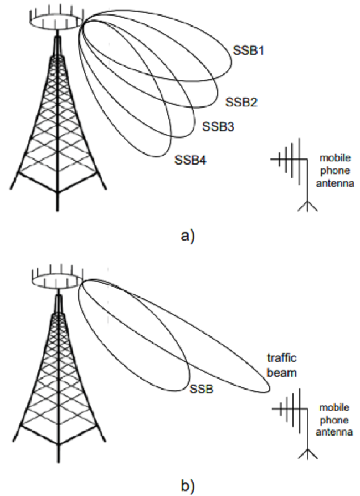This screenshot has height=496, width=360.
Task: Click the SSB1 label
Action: (x=249, y=51)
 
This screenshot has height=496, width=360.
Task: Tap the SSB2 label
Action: (x=241, y=103)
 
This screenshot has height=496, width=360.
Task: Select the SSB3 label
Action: (x=218, y=127)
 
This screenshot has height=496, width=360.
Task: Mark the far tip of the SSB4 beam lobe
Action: (x=167, y=154)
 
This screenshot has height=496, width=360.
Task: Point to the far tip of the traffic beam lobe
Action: (x=268, y=391)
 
